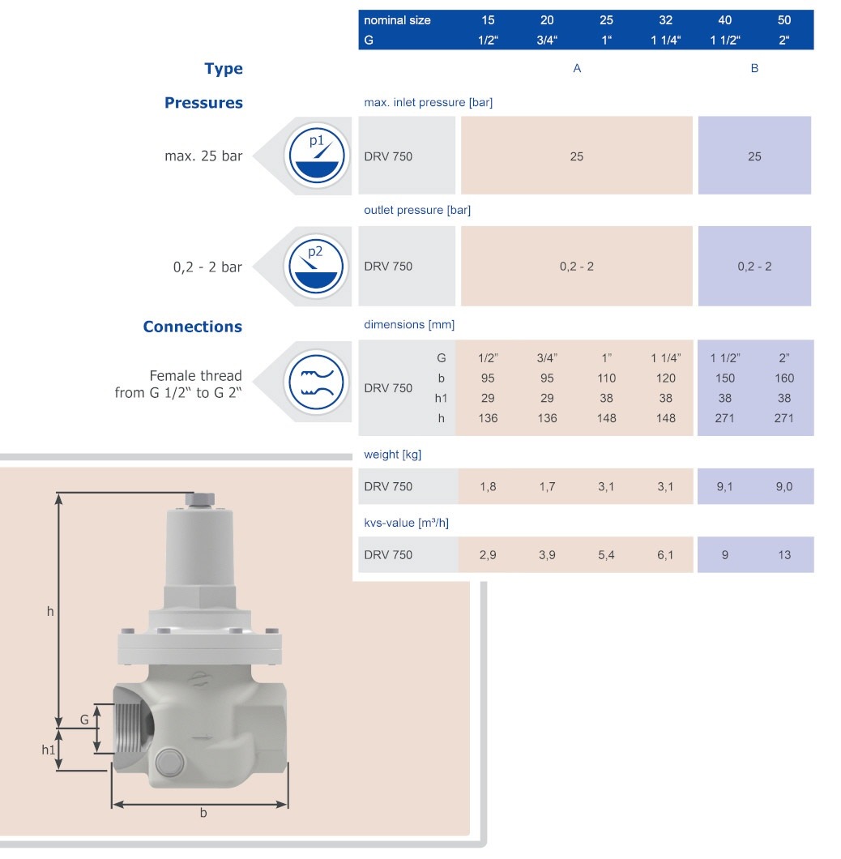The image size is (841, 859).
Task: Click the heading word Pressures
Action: pos(203,103)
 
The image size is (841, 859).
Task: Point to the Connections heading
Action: pos(193,327)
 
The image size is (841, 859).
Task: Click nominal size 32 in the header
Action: pos(666,20)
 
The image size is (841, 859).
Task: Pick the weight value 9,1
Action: pos(724,486)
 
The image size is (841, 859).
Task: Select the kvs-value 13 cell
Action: pos(784,554)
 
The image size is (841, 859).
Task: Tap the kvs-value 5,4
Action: pos(606,554)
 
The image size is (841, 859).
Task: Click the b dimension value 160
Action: pos(784,378)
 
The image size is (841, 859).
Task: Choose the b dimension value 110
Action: pos(606,378)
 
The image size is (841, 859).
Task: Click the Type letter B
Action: pos(754,69)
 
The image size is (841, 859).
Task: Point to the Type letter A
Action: pos(577,69)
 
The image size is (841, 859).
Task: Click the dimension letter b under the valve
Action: pos(203,813)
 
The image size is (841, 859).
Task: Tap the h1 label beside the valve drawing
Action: pos(49,750)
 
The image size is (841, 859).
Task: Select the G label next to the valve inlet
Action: pos(83,718)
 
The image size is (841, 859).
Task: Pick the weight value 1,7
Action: pos(547,486)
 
